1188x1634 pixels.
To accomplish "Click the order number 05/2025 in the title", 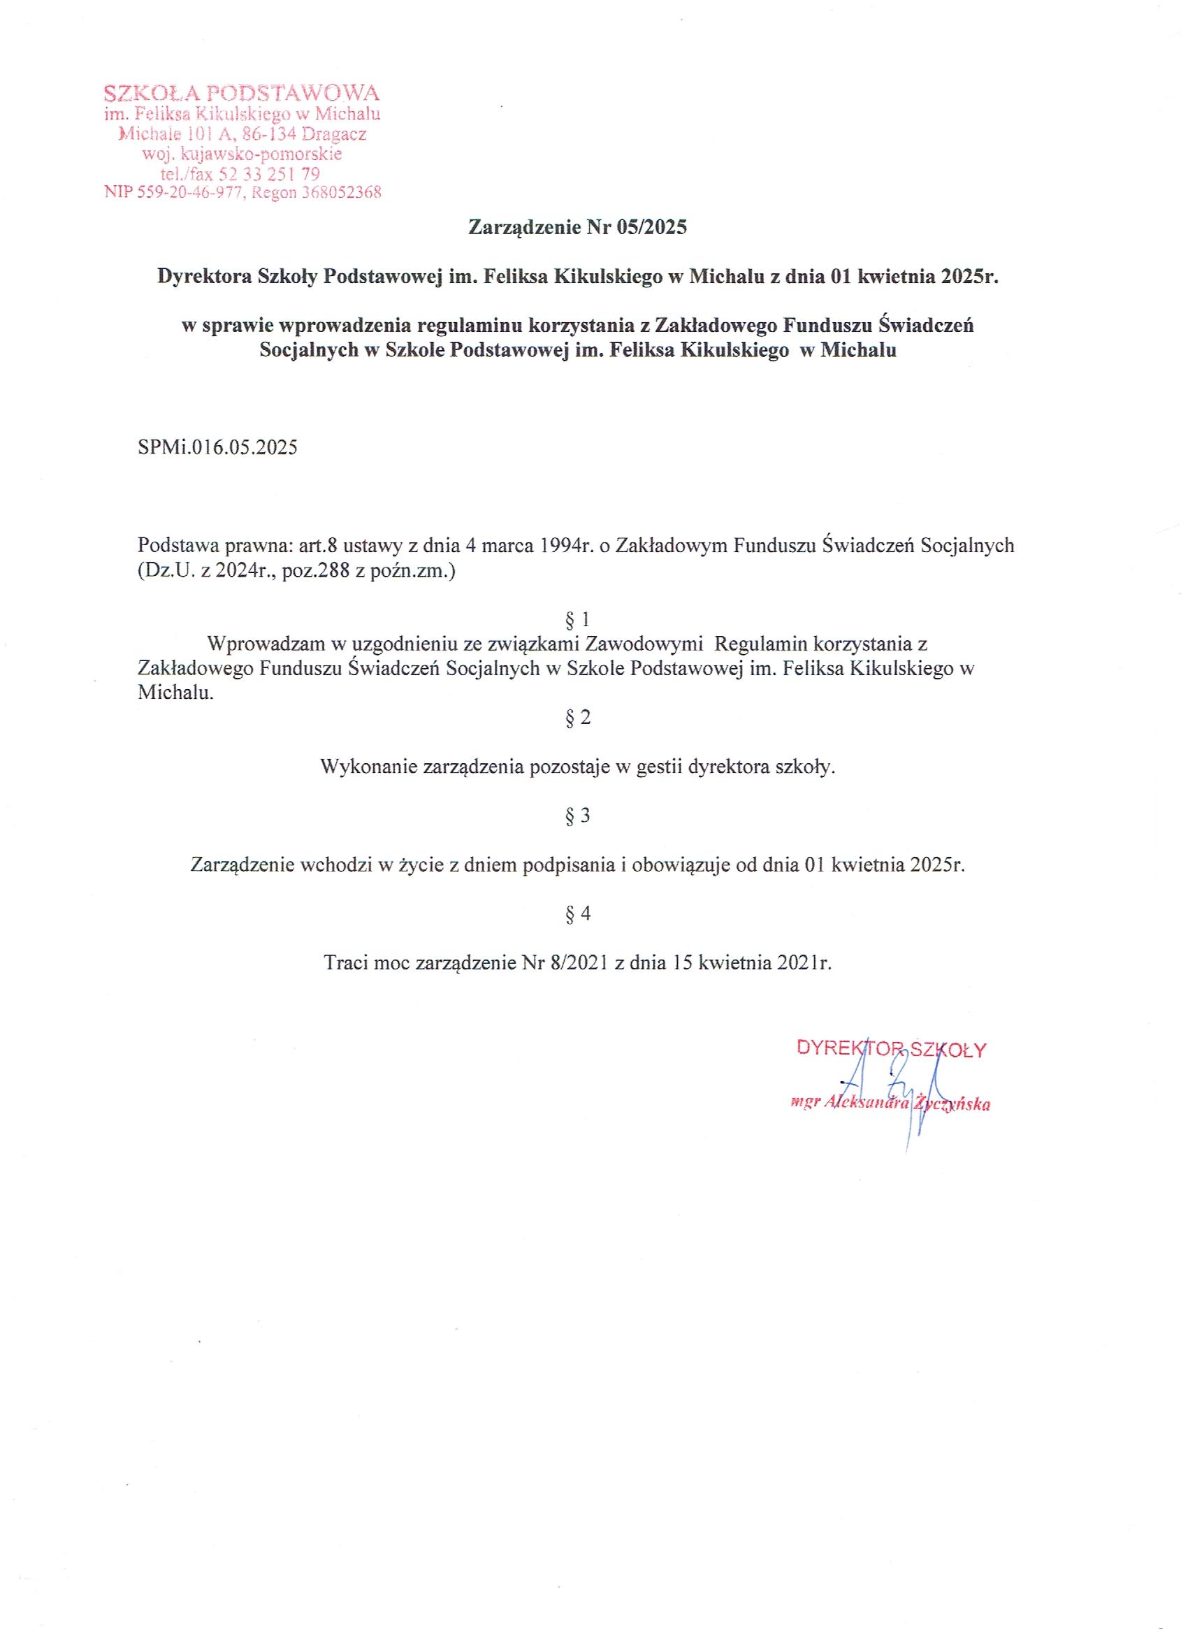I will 653,228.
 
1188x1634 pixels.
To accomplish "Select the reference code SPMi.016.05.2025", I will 217,447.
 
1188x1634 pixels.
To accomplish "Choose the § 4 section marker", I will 578,913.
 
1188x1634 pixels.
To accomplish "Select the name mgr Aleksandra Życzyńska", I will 890,1104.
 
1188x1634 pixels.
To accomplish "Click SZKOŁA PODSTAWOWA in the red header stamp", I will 241,94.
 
